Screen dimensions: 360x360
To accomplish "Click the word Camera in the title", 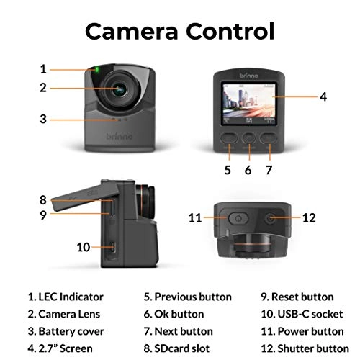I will coord(132,31).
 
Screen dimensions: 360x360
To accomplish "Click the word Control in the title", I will coord(230,31).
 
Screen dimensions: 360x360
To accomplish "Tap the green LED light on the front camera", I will coord(96,70).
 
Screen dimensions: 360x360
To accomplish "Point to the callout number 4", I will coord(323,95).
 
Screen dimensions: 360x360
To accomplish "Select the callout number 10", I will coord(84,247).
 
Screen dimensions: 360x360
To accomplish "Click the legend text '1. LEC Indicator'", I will coord(66,297).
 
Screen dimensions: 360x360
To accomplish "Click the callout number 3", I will coord(43,119).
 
